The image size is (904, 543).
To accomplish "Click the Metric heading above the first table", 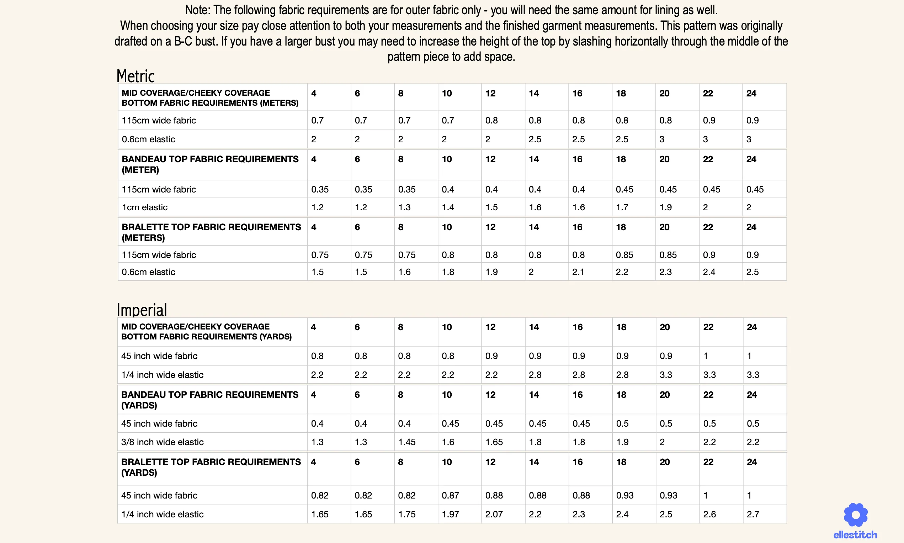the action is (x=136, y=76).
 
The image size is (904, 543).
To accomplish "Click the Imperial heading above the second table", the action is (x=142, y=310).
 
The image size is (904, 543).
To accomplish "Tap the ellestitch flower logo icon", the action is (x=855, y=515).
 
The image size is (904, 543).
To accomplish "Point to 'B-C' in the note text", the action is (x=183, y=41).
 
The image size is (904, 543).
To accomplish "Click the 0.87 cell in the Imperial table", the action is (x=450, y=495).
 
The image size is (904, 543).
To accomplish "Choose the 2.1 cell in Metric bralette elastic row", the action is (x=578, y=272).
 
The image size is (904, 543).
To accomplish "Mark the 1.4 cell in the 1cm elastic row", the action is (x=448, y=207).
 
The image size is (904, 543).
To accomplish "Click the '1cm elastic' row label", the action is (x=144, y=207).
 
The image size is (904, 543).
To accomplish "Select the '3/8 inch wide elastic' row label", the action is (x=163, y=442).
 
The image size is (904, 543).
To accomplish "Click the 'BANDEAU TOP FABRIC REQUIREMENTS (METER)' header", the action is (x=210, y=164).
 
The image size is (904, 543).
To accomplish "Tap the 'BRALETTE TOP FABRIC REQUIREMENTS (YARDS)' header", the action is (x=211, y=467).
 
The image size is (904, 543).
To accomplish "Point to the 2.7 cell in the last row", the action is (x=753, y=514).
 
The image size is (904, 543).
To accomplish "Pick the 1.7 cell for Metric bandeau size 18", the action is (x=622, y=207).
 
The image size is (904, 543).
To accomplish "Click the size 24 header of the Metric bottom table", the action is (x=751, y=93).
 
